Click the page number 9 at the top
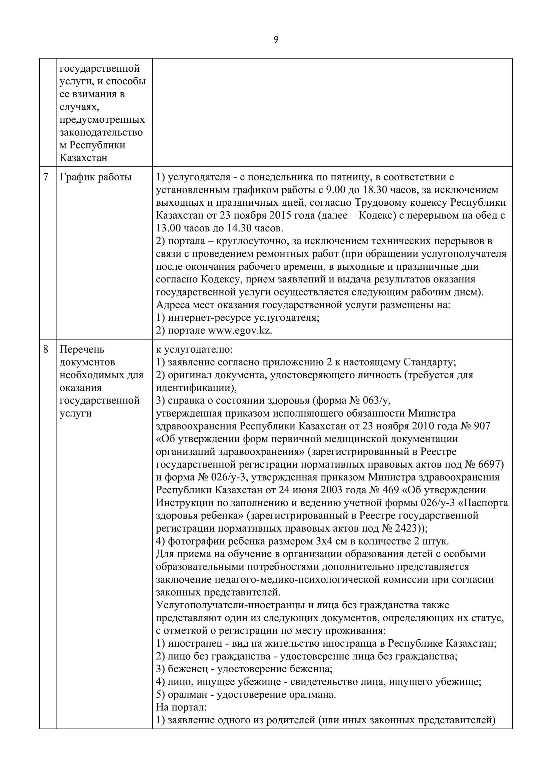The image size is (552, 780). tap(276, 40)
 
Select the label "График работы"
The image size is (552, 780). tap(95, 177)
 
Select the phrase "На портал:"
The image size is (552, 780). tap(182, 707)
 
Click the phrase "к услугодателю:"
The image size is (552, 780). tap(195, 349)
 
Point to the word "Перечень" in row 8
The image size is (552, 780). tap(82, 349)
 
